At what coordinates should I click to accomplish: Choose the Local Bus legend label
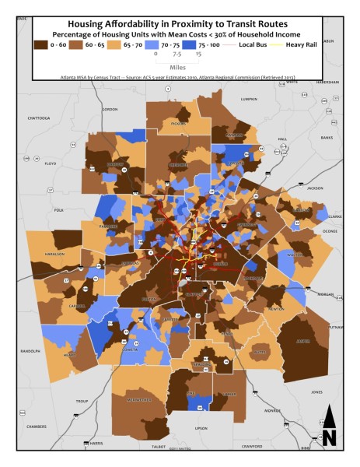coord(254,45)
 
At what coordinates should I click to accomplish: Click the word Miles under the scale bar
coord(178,66)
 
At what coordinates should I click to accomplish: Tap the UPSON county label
coord(201,428)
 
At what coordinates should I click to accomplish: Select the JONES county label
coord(316,392)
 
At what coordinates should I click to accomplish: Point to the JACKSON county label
coord(314,188)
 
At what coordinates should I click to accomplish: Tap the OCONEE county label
coord(330,230)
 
